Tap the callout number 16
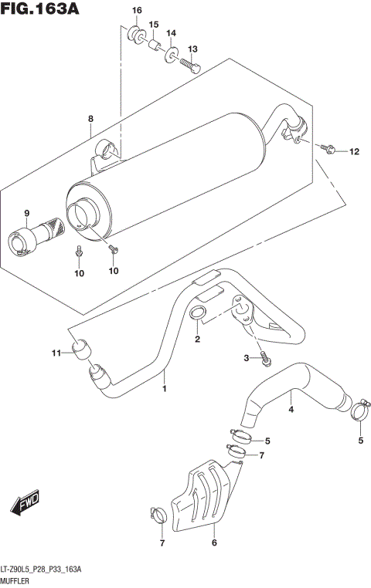[x=137, y=10]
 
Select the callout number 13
[x=193, y=49]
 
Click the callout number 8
[x=90, y=119]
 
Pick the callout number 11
[x=56, y=353]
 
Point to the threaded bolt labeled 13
[x=190, y=66]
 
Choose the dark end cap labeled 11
[x=80, y=350]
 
